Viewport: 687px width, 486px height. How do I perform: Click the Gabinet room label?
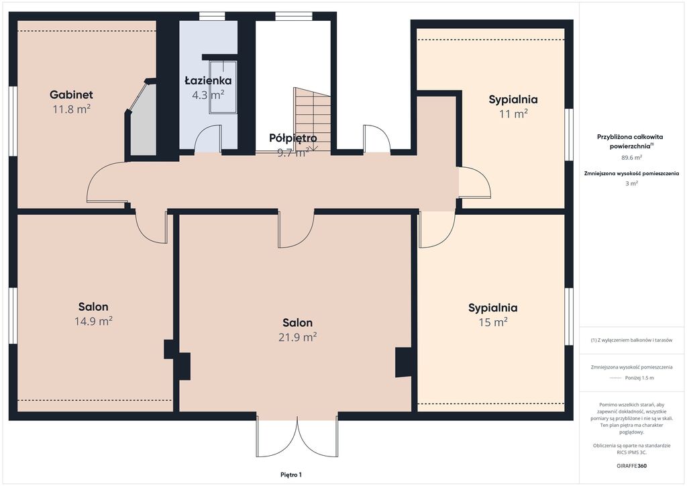tap(71, 94)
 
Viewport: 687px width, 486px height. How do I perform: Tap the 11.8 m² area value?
tap(71, 109)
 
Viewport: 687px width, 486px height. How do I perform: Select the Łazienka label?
tap(208, 80)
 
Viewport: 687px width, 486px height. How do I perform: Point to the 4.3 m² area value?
tap(208, 95)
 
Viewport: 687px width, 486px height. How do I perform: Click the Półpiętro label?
tap(293, 138)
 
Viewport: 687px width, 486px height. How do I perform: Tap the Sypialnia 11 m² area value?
tap(513, 114)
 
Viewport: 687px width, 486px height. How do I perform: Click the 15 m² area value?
tap(493, 322)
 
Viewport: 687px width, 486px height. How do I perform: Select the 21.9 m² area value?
tap(297, 337)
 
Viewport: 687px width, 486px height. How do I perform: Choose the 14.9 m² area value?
tap(93, 322)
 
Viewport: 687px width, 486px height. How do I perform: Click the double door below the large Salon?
tap(297, 437)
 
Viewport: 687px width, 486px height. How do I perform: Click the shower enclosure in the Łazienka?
tap(223, 87)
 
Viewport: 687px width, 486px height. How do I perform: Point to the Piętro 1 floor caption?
tap(291, 475)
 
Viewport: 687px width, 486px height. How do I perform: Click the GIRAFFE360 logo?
tap(631, 466)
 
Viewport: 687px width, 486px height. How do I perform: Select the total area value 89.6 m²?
tap(631, 157)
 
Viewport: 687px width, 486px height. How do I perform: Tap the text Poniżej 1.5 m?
tap(639, 378)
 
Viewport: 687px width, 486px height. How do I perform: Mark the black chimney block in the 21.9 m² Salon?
tap(403, 362)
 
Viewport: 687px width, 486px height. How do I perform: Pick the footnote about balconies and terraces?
tap(631, 340)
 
